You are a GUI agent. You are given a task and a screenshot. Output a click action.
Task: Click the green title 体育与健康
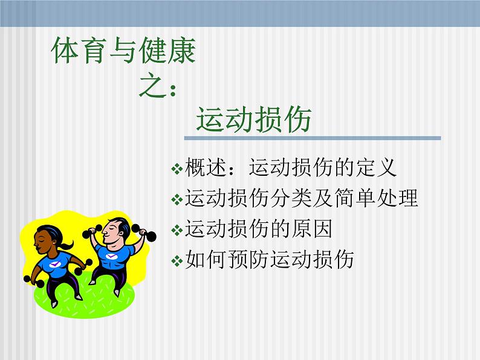click(123, 51)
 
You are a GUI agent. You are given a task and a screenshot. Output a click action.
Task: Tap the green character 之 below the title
click(152, 86)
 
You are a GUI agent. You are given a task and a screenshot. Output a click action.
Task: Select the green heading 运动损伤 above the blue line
click(254, 120)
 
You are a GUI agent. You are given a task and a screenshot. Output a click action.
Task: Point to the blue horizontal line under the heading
click(313, 138)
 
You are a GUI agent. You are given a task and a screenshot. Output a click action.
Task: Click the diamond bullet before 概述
click(177, 169)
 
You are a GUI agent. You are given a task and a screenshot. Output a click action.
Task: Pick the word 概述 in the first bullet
click(206, 167)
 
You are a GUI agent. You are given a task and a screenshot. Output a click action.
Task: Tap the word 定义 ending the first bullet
click(376, 167)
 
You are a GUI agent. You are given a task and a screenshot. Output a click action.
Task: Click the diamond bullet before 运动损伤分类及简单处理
click(177, 199)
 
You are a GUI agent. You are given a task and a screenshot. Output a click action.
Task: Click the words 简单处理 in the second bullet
click(376, 198)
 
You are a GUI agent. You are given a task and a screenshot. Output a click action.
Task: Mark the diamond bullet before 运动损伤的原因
click(177, 230)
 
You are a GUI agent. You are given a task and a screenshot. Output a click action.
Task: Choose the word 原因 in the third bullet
click(312, 228)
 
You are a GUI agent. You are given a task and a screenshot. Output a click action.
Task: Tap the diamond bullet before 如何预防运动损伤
click(177, 261)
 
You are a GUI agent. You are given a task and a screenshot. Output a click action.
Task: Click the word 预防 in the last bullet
click(248, 259)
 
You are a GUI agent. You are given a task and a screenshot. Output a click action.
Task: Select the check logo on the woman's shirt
click(55, 263)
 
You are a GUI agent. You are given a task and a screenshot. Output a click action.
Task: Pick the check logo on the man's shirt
click(111, 256)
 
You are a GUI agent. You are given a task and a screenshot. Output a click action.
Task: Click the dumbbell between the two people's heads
click(92, 232)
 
